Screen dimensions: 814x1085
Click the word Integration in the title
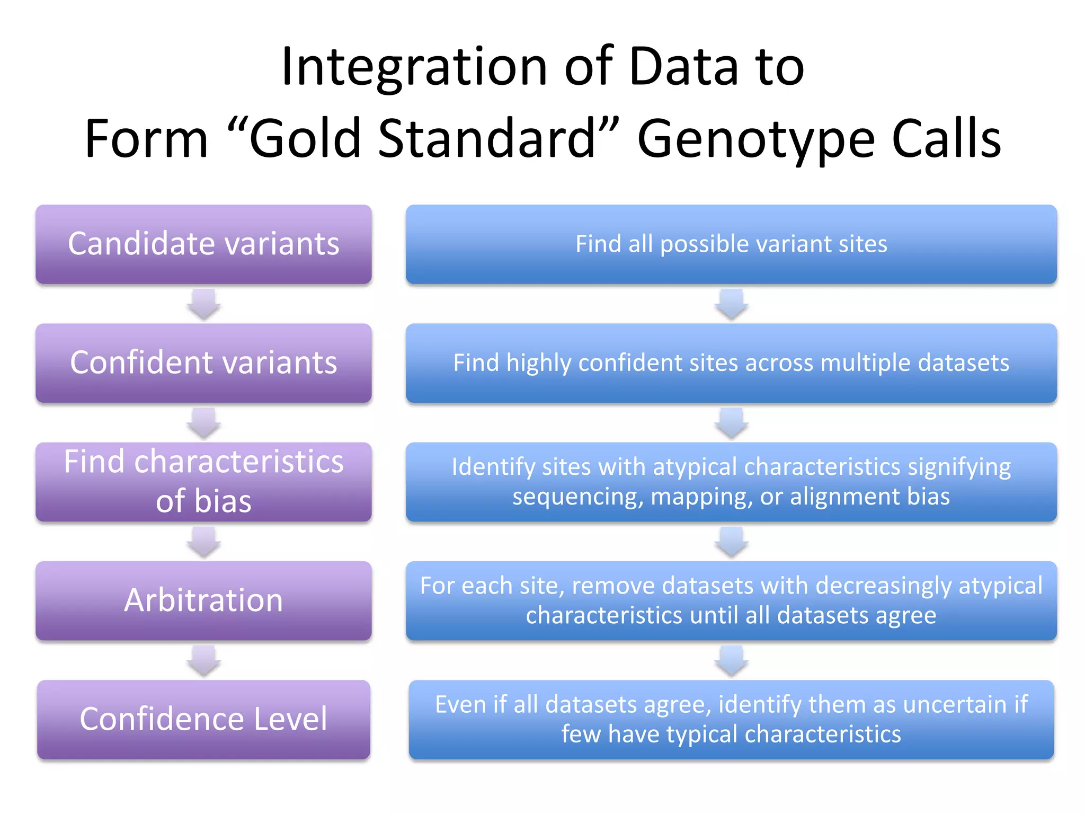[x=414, y=68]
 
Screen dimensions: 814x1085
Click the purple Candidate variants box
[x=203, y=244]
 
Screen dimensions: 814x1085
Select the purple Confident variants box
[x=203, y=363]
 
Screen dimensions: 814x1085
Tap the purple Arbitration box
[x=203, y=600]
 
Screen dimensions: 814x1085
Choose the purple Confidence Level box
[x=203, y=719]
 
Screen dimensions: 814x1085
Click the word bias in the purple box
[x=223, y=501]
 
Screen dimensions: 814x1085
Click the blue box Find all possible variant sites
[x=731, y=244]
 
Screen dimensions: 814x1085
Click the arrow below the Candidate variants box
[x=203, y=304]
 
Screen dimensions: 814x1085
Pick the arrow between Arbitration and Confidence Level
[x=203, y=660]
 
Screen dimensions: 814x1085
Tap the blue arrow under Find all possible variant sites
[x=731, y=304]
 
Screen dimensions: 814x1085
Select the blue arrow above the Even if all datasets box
[x=731, y=660]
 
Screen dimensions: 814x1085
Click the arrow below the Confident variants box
[x=203, y=423]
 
